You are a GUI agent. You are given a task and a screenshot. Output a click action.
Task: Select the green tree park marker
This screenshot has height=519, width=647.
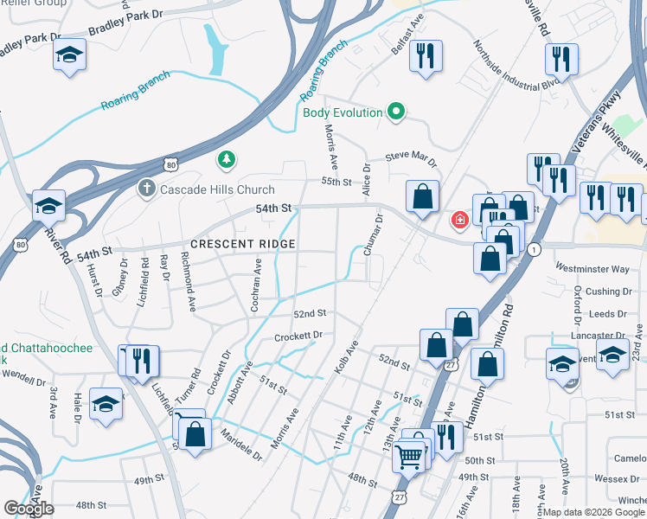(x=226, y=158)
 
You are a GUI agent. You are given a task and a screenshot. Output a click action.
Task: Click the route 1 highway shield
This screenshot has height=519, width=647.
(x=535, y=249)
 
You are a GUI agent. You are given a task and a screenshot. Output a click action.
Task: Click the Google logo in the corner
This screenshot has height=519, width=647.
(x=29, y=508)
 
